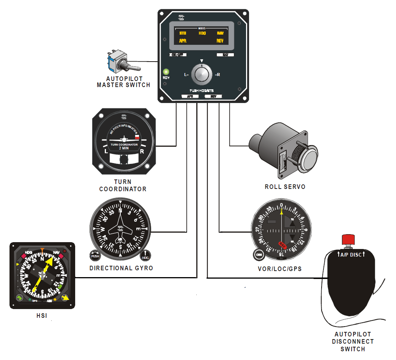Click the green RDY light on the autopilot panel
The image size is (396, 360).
[166, 71]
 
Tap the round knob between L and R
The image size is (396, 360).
[202, 75]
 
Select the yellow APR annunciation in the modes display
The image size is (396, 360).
[183, 41]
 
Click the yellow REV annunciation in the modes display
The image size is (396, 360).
[220, 41]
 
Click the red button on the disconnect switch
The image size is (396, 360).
[348, 240]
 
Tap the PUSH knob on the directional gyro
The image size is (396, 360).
[95, 256]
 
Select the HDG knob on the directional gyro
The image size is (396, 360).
[145, 256]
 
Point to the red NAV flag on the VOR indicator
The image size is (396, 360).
[282, 244]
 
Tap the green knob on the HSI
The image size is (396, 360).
[18, 297]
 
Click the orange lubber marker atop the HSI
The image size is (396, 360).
[43, 250]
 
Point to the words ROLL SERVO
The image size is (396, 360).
[285, 187]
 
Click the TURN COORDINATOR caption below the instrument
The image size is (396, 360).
[123, 186]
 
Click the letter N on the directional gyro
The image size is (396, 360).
[120, 210]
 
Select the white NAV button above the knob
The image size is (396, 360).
[225, 55]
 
